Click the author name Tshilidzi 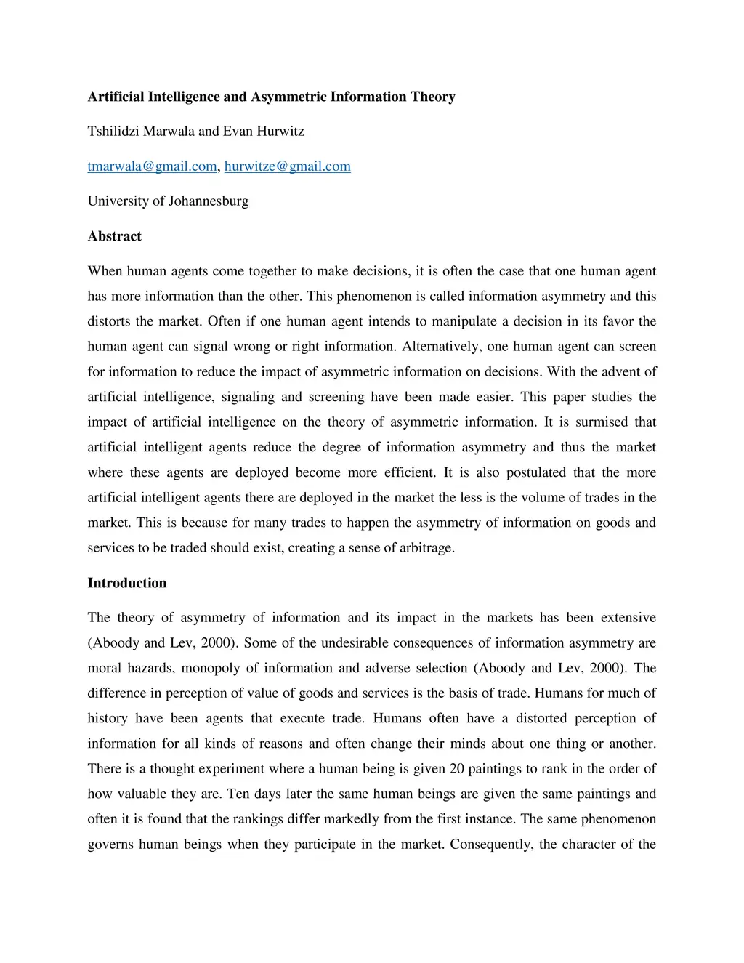113,132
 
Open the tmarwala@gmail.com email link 152,166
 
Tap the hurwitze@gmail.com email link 287,166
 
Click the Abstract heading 114,236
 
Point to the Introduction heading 126,583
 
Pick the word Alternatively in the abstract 439,347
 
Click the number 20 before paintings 456,769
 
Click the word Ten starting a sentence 238,794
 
